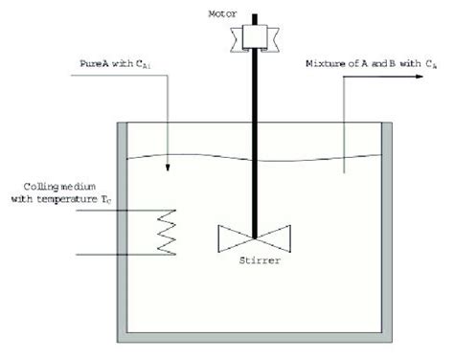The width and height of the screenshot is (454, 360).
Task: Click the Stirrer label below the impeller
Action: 255,258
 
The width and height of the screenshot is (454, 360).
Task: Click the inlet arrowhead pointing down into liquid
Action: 168,170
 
